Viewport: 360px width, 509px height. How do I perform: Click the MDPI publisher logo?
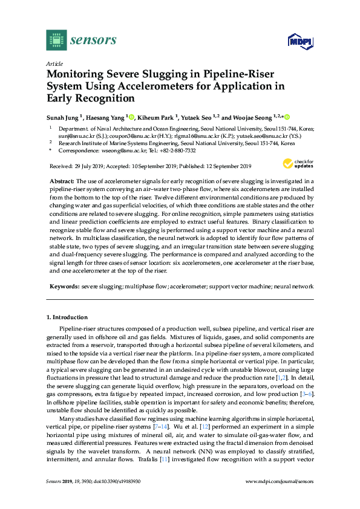coord(296,41)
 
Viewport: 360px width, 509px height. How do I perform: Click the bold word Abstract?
coord(62,181)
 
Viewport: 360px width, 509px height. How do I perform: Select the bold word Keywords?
coord(64,285)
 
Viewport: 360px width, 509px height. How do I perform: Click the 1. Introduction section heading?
coord(67,317)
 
